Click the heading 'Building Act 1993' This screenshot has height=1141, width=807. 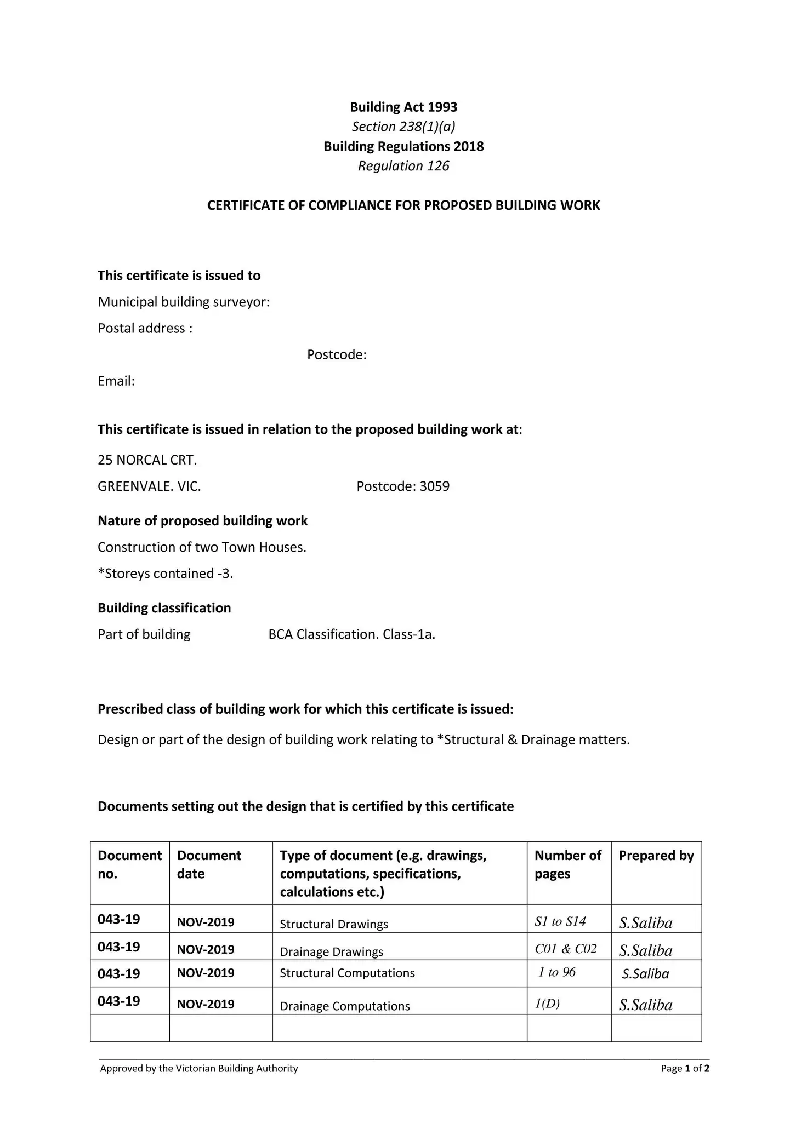pos(403,107)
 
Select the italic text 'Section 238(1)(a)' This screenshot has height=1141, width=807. pos(403,127)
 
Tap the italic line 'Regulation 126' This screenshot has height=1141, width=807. pos(403,166)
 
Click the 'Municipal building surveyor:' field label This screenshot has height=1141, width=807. pos(184,302)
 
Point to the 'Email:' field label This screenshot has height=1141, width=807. pos(116,381)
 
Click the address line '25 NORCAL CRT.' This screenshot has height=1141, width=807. pos(147,460)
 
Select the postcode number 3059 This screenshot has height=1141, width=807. pos(434,486)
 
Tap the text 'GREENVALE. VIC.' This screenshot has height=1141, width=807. pos(149,486)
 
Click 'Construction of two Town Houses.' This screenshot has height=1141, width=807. pos(202,547)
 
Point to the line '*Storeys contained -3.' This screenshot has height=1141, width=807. pos(166,574)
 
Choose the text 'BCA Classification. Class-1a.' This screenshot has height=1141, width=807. pos(351,634)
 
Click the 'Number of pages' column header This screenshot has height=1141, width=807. pos(568,864)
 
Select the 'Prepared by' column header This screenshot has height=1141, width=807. pos(656,856)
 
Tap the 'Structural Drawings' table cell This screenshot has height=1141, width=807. pos(334,924)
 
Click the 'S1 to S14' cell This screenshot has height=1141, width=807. pos(560,922)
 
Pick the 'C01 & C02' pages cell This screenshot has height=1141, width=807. pos(566,949)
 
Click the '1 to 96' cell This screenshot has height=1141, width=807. pos(557,972)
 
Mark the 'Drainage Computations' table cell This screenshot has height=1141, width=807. pos(345,1006)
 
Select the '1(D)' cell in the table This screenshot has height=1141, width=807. pos(547,1004)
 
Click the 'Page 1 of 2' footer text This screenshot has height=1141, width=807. pos(685,1068)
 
